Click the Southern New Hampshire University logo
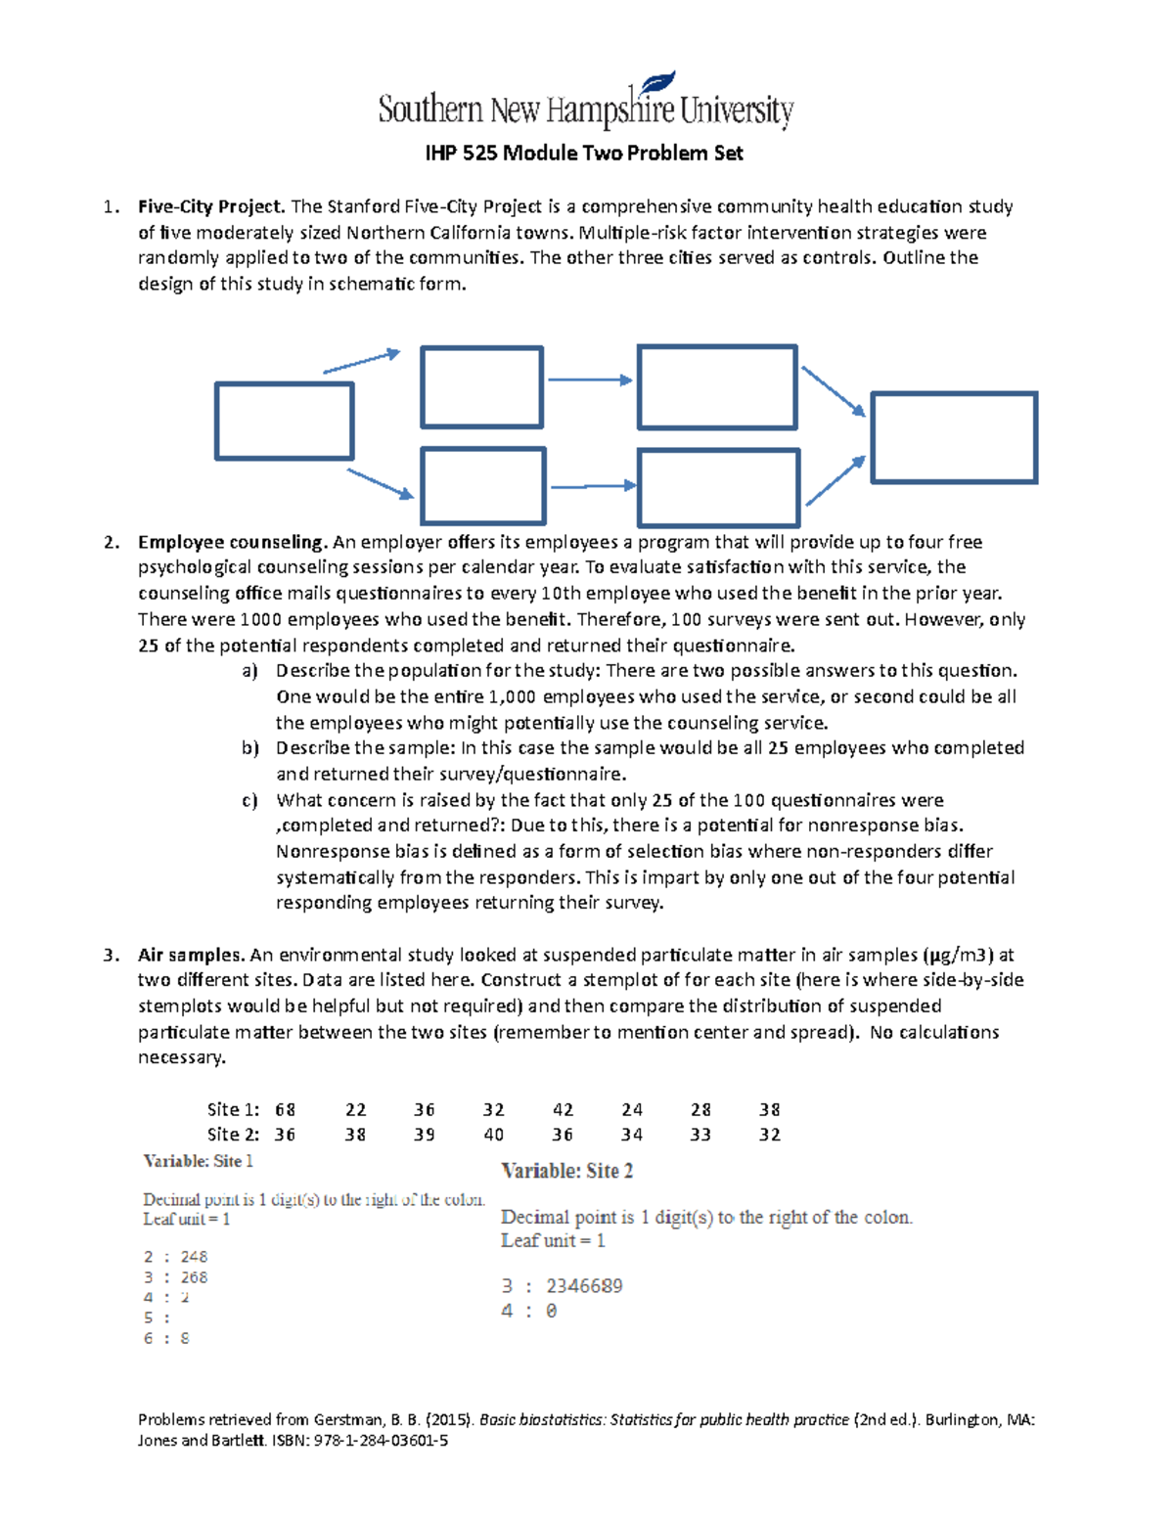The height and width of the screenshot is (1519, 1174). pyautogui.click(x=585, y=104)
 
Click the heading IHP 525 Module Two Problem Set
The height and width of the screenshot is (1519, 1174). pyautogui.click(x=584, y=154)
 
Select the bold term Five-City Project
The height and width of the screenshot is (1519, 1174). pyautogui.click(x=211, y=206)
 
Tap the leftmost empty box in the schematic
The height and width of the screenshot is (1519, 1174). pyautogui.click(x=284, y=422)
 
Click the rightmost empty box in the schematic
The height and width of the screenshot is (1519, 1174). pyautogui.click(x=953, y=437)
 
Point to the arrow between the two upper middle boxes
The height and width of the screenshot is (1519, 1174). pyautogui.click(x=589, y=380)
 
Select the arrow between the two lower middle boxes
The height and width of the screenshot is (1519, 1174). pyautogui.click(x=592, y=486)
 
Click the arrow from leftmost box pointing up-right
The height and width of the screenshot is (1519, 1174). pyautogui.click(x=361, y=361)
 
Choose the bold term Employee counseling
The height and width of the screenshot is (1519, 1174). pyautogui.click(x=231, y=542)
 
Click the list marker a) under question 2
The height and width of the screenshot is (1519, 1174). pyautogui.click(x=249, y=671)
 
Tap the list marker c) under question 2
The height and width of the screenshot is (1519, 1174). pyautogui.click(x=249, y=800)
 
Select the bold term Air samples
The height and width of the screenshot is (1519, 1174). pyautogui.click(x=191, y=955)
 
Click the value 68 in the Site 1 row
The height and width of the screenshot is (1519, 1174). pyautogui.click(x=285, y=1109)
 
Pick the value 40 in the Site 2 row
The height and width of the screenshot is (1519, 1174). pyautogui.click(x=493, y=1135)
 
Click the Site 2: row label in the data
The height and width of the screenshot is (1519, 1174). pyautogui.click(x=233, y=1135)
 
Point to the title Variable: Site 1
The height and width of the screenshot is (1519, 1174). pyautogui.click(x=198, y=1161)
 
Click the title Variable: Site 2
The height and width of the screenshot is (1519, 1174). pyautogui.click(x=566, y=1171)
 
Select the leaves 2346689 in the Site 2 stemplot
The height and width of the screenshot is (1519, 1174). pyautogui.click(x=584, y=1286)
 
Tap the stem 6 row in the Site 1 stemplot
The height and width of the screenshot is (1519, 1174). pyautogui.click(x=166, y=1338)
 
